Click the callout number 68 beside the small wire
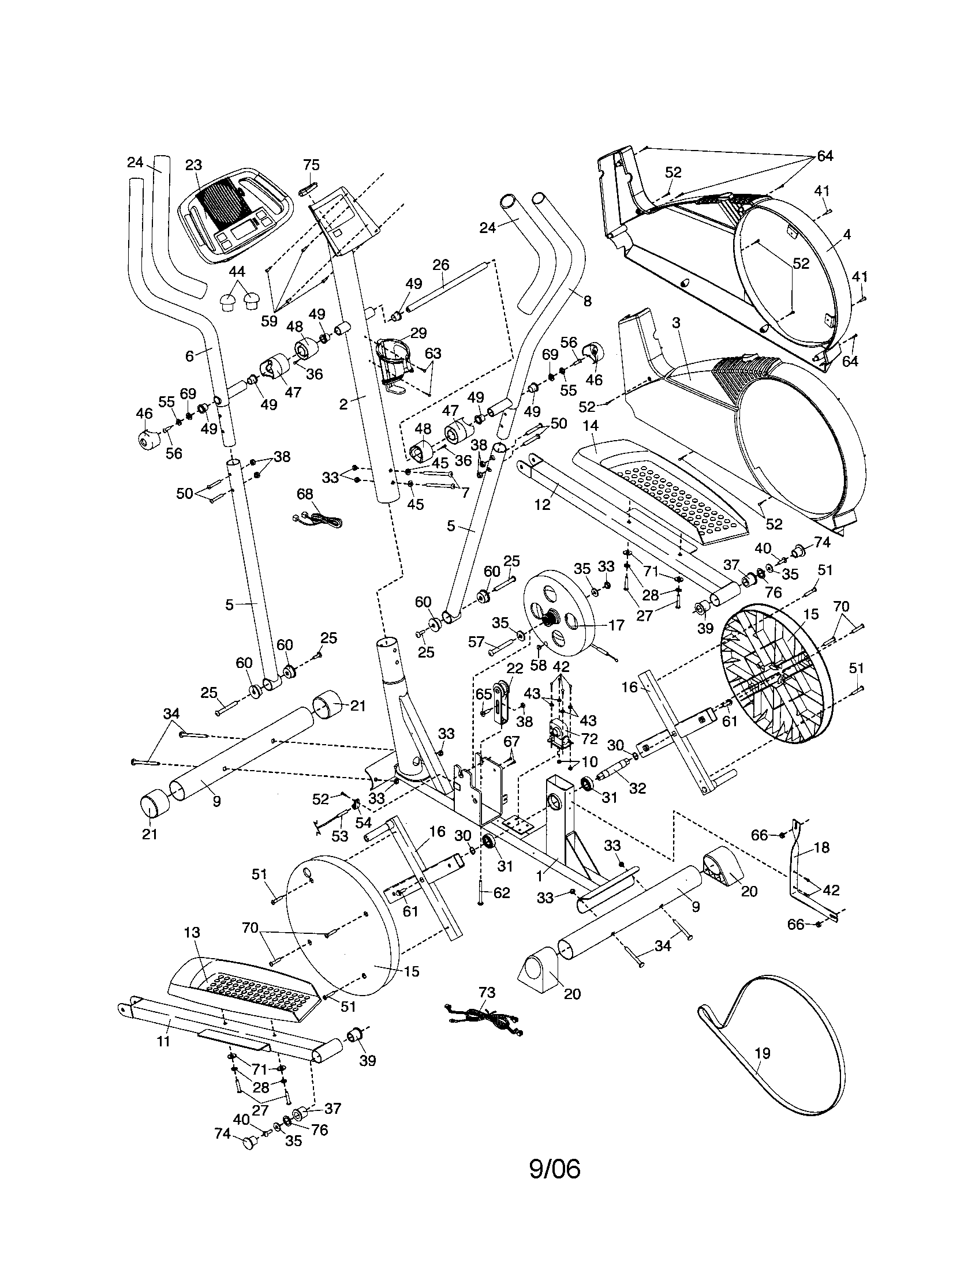point(305,494)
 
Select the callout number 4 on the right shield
point(847,234)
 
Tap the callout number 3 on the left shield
point(675,323)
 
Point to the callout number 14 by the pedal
point(590,426)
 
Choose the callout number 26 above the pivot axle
point(441,265)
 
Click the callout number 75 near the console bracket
point(312,164)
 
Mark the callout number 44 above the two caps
point(237,271)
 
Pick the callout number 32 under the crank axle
point(637,789)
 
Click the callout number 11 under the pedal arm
point(163,1041)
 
